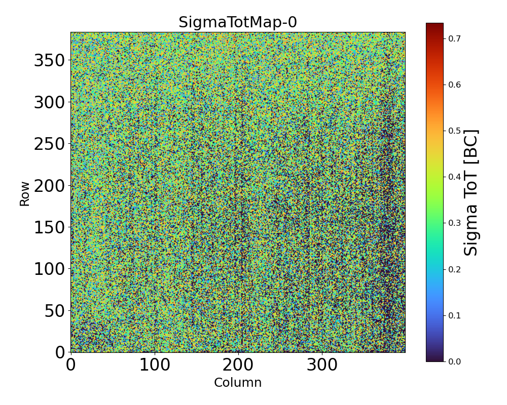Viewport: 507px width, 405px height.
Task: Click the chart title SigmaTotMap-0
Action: tap(237, 23)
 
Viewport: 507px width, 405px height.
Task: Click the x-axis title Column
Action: tap(238, 383)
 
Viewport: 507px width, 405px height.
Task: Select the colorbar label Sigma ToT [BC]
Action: tap(472, 192)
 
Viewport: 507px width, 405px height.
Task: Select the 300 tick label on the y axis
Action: tap(49, 103)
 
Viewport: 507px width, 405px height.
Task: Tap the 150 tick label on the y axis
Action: tap(49, 227)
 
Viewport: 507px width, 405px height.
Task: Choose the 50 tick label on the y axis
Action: tap(55, 310)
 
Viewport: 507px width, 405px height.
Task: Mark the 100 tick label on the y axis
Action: tap(49, 269)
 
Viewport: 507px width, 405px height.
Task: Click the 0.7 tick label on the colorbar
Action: tap(454, 38)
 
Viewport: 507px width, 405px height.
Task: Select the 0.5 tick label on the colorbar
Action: tap(454, 131)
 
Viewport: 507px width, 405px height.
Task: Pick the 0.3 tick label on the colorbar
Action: tap(454, 223)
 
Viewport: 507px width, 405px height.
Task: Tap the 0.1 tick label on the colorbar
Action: tap(454, 315)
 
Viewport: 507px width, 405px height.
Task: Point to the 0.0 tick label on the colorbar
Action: tap(454, 361)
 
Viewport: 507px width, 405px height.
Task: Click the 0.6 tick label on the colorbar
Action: tap(454, 85)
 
